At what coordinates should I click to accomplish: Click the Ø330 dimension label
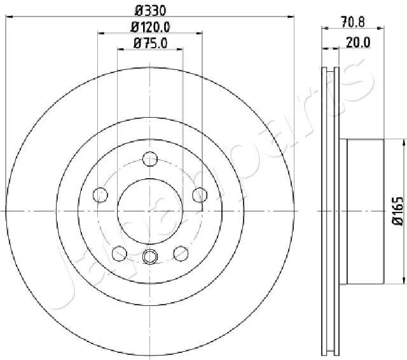point(150,11)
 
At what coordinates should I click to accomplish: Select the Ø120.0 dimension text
point(150,27)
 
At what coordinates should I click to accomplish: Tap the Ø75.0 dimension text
point(150,43)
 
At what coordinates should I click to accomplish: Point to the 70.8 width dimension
point(353,22)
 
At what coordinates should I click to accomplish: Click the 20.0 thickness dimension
point(358,43)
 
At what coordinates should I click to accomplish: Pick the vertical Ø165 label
point(398,211)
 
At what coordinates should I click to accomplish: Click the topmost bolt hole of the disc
point(150,159)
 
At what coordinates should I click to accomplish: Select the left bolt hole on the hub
point(100,195)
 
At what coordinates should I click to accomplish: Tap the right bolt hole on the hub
point(200,195)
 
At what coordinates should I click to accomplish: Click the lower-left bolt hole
point(120,253)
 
